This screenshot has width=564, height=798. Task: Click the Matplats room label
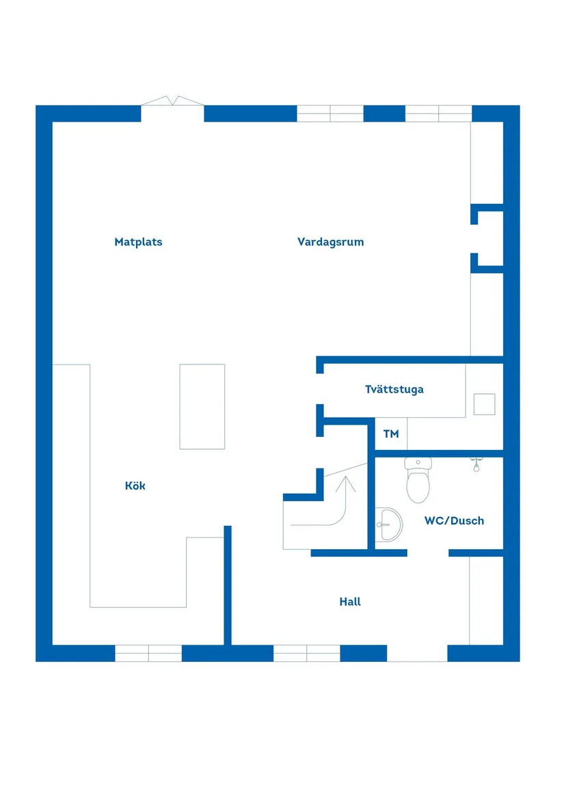(x=138, y=241)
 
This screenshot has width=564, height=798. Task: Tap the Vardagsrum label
(x=330, y=241)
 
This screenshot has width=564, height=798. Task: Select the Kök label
(x=135, y=486)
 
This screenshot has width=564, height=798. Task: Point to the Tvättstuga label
(x=394, y=389)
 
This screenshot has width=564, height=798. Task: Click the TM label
(x=390, y=434)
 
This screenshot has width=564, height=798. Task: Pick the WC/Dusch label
(x=454, y=520)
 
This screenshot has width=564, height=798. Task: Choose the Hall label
(x=350, y=602)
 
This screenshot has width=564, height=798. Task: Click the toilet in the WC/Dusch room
(x=418, y=480)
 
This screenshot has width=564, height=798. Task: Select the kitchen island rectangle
(x=202, y=406)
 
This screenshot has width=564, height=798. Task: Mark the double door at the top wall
(x=172, y=103)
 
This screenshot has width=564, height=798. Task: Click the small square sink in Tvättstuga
(x=485, y=404)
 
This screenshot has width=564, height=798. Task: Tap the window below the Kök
(x=148, y=653)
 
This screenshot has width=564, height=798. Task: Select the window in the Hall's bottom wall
(x=307, y=653)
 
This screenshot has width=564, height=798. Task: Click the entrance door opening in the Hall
(x=417, y=653)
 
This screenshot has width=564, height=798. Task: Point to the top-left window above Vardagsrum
(x=330, y=114)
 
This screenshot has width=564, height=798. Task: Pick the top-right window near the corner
(x=438, y=114)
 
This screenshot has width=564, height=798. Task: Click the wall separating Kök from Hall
(x=228, y=585)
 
